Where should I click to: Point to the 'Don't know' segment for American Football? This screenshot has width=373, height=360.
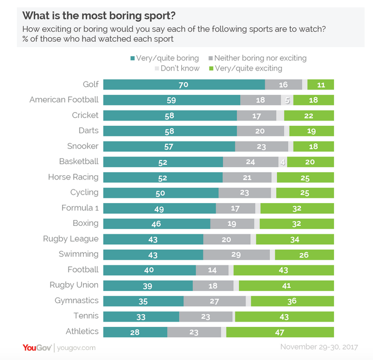coord(287,100)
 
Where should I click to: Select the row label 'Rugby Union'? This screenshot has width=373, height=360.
coord(74,285)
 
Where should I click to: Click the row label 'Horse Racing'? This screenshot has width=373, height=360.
coord(73,177)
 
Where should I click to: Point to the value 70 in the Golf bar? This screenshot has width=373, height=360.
coord(184,85)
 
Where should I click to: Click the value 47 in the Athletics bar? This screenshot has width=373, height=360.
coord(280,332)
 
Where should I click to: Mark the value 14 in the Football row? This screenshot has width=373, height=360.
coord(212,270)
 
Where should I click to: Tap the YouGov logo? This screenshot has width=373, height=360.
coord(36,347)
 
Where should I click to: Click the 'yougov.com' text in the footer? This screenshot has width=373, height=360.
coord(77,348)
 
